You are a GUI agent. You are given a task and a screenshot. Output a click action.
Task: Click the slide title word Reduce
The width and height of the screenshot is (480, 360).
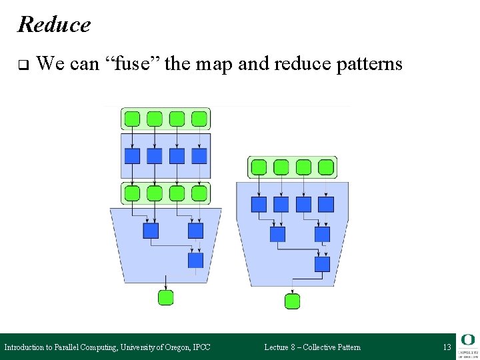click(x=54, y=25)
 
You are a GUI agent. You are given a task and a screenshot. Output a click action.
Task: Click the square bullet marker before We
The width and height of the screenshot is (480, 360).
click(x=22, y=65)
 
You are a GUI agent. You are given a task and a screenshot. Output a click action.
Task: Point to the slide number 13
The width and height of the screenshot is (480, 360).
click(x=447, y=347)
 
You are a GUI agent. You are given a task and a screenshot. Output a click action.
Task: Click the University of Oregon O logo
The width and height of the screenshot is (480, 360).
click(x=467, y=340)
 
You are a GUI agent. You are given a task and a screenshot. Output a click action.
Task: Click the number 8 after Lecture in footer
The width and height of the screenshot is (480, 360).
click(x=293, y=347)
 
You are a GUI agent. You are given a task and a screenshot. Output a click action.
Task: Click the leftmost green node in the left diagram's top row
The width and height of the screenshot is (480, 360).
click(x=133, y=119)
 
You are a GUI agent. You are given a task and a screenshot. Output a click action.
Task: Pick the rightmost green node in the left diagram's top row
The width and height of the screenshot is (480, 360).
click(x=199, y=119)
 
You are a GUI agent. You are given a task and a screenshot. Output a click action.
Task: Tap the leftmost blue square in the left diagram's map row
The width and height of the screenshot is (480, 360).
click(x=133, y=156)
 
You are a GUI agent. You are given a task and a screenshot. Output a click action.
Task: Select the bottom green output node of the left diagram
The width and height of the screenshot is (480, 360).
click(x=165, y=297)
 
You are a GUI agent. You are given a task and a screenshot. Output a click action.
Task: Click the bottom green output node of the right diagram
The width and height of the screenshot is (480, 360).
click(x=292, y=301)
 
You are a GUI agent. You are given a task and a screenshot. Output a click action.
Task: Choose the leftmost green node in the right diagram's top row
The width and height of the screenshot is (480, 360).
click(x=259, y=167)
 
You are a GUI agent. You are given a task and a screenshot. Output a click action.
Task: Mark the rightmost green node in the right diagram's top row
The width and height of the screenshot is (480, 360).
click(x=325, y=167)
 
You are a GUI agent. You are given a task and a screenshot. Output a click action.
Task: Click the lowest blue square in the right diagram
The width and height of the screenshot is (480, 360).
click(x=322, y=264)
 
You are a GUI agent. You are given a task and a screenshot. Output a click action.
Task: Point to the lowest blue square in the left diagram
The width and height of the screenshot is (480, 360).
click(x=195, y=260)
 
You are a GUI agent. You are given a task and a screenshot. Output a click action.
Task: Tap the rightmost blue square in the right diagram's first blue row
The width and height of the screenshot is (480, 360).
click(x=325, y=204)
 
